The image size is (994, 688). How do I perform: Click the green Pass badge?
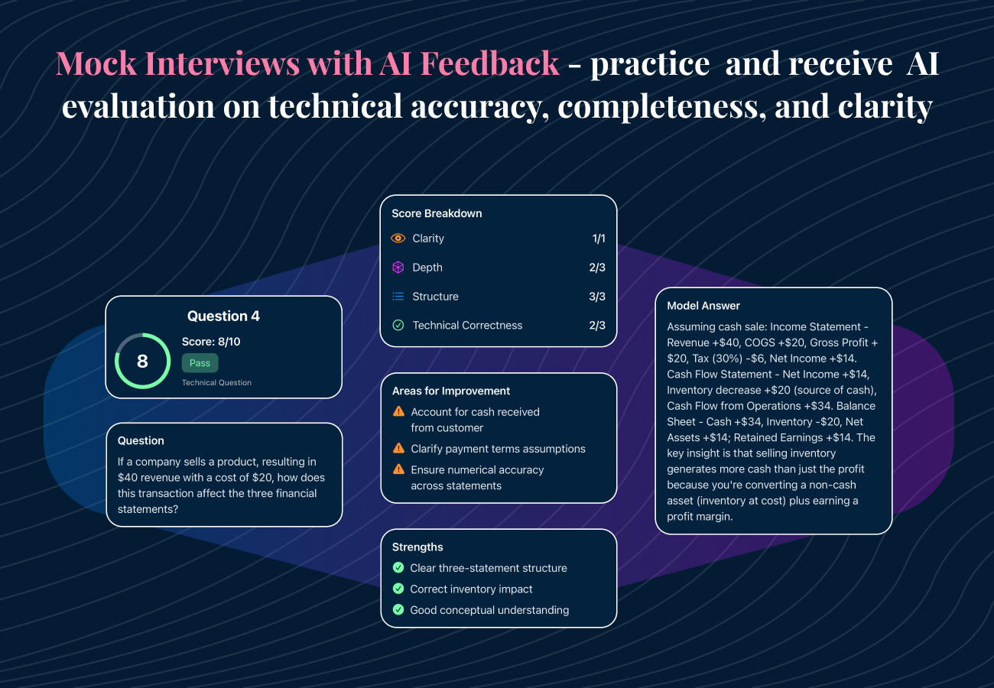tap(200, 363)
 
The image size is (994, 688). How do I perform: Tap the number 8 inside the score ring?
tap(142, 361)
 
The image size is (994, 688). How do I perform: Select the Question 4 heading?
tap(223, 316)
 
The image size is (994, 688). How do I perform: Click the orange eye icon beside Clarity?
tap(398, 239)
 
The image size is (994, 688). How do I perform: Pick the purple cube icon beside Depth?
tap(398, 268)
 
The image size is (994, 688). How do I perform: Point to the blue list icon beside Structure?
tap(398, 297)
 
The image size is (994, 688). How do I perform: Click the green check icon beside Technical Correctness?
tap(398, 326)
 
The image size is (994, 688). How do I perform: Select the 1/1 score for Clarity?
tap(598, 239)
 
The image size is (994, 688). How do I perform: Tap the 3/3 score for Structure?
tap(596, 297)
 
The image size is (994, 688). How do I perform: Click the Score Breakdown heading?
tap(437, 213)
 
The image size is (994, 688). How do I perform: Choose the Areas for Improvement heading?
tap(451, 391)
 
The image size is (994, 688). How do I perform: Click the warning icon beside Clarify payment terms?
tap(398, 449)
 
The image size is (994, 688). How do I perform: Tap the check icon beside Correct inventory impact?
tap(398, 589)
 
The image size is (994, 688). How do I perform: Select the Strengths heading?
tap(417, 547)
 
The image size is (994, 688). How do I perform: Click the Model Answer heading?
tap(703, 306)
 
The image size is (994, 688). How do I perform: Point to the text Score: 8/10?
tap(211, 342)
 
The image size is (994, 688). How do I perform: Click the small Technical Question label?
tap(216, 382)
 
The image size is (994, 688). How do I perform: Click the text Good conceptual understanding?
tap(489, 610)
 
